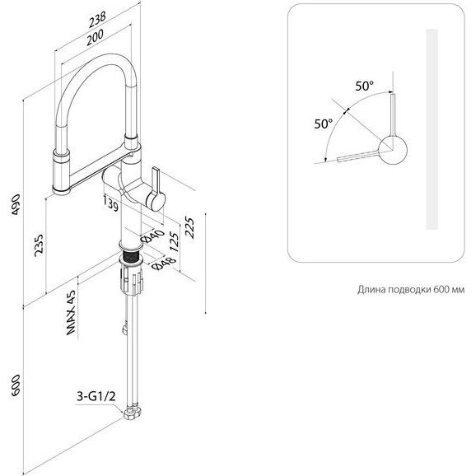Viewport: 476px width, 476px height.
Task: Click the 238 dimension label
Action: [x=97, y=20]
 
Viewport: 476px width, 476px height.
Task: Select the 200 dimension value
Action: [x=95, y=37]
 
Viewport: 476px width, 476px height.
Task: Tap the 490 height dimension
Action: [x=16, y=204]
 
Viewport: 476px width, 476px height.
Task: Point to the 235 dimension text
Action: [x=39, y=245]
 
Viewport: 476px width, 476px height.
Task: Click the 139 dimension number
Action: [x=111, y=203]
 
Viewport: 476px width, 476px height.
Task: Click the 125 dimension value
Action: [x=174, y=242]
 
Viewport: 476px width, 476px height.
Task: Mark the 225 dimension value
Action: [x=189, y=228]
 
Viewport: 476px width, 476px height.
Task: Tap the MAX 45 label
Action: [x=71, y=313]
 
